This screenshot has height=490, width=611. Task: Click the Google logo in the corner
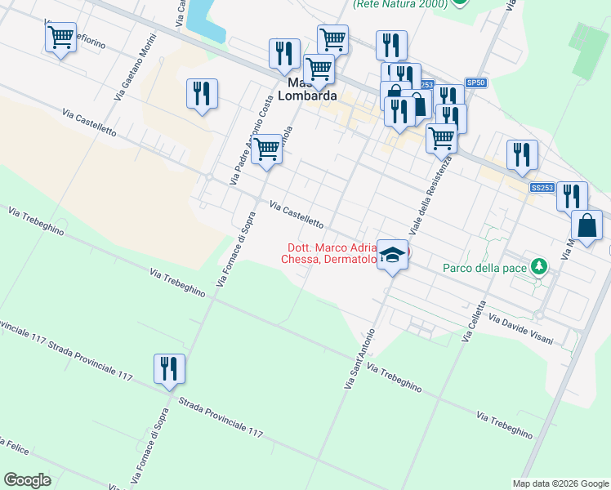pos(27,480)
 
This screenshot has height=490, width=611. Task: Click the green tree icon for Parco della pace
pos(538,266)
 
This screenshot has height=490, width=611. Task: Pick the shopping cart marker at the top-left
pos(61,37)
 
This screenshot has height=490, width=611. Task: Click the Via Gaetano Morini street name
pos(136,69)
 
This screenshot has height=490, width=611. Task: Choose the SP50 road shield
pos(475,82)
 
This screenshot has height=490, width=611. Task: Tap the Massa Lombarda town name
pos(307,90)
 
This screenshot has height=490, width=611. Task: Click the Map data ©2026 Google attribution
pos(560,483)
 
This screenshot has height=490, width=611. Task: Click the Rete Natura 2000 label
pos(400,4)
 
